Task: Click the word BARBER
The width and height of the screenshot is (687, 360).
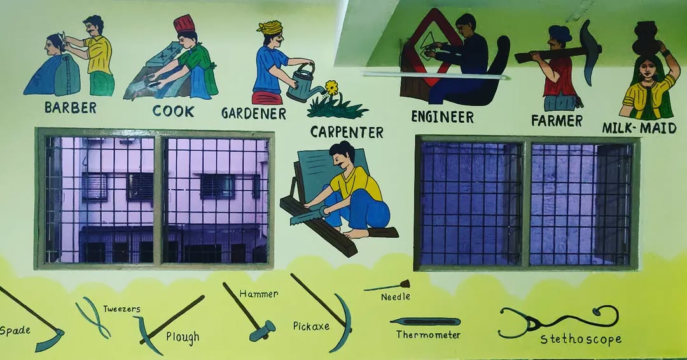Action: pyautogui.click(x=71, y=107)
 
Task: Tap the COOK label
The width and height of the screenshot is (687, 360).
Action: pyautogui.click(x=174, y=111)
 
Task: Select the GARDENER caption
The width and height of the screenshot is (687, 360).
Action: pyautogui.click(x=254, y=113)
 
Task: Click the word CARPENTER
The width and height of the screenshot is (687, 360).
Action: pyautogui.click(x=347, y=132)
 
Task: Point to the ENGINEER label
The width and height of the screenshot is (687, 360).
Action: pyautogui.click(x=443, y=117)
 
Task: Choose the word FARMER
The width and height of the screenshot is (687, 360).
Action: pyautogui.click(x=557, y=120)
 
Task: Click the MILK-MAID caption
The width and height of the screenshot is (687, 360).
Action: pyautogui.click(x=639, y=128)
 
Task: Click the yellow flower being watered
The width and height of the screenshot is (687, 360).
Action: pyautogui.click(x=332, y=88)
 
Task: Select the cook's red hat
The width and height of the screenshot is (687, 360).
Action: pyautogui.click(x=184, y=24)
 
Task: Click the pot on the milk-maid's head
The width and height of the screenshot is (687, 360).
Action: pyautogui.click(x=646, y=39)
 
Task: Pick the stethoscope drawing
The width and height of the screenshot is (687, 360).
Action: pyautogui.click(x=559, y=321)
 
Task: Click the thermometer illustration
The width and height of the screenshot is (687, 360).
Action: pyautogui.click(x=425, y=321)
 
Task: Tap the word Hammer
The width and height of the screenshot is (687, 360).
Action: pyautogui.click(x=258, y=294)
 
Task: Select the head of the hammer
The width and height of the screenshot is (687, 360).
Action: pyautogui.click(x=262, y=331)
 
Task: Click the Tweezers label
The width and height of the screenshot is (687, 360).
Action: pyautogui.click(x=121, y=308)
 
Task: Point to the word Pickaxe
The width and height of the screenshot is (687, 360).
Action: pyautogui.click(x=311, y=326)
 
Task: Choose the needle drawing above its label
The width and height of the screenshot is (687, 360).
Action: pyautogui.click(x=387, y=286)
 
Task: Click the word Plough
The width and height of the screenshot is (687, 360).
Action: pyautogui.click(x=183, y=337)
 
